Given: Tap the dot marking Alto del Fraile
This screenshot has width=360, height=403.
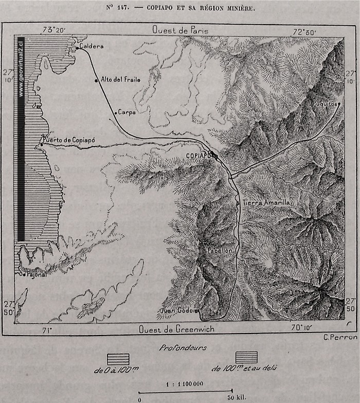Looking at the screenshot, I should (x=96, y=80).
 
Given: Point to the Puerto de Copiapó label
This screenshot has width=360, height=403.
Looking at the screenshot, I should (x=64, y=139).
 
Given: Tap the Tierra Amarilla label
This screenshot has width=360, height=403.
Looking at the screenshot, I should (x=266, y=203).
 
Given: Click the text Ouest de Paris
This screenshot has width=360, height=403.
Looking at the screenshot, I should (x=180, y=30).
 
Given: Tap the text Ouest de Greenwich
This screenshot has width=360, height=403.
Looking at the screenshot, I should (x=176, y=329).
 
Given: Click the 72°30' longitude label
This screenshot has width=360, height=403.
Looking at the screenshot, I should (x=305, y=31).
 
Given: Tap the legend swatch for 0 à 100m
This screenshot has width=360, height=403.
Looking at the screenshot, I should (x=118, y=359).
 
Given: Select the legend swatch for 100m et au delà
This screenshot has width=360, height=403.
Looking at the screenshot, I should (x=246, y=357).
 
